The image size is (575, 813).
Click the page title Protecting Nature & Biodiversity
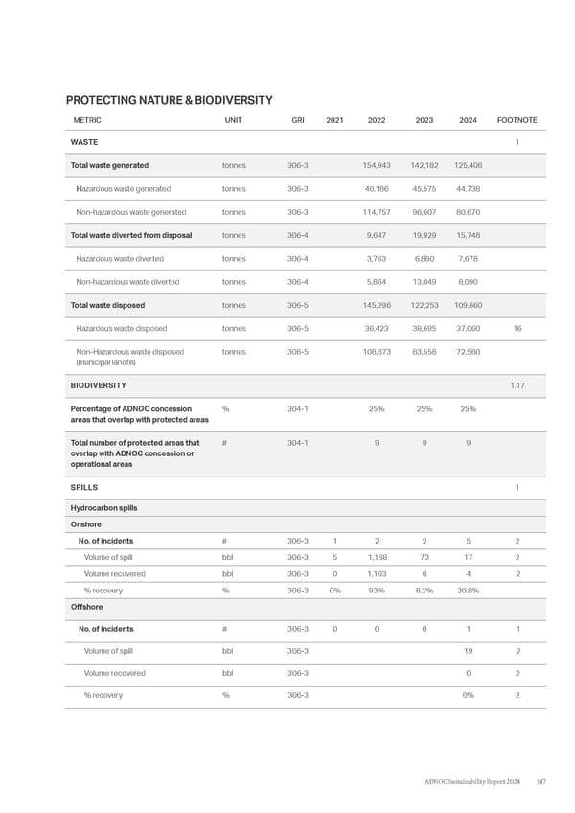pos(170,100)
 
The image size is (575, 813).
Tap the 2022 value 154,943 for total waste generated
pos(376,165)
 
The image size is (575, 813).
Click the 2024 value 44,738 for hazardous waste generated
pos(469,188)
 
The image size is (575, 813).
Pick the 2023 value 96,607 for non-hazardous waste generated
pos(423,212)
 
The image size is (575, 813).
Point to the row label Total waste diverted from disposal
pos(131,235)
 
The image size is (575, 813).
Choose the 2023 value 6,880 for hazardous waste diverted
pos(425,259)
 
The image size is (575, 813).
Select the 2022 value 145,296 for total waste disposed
pos(376,305)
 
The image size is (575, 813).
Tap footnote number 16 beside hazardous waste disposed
pos(517,329)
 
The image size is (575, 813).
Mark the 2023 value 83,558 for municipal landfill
pos(423,352)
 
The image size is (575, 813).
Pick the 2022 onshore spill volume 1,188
pos(377,557)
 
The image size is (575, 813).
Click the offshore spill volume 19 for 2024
pos(470,651)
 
